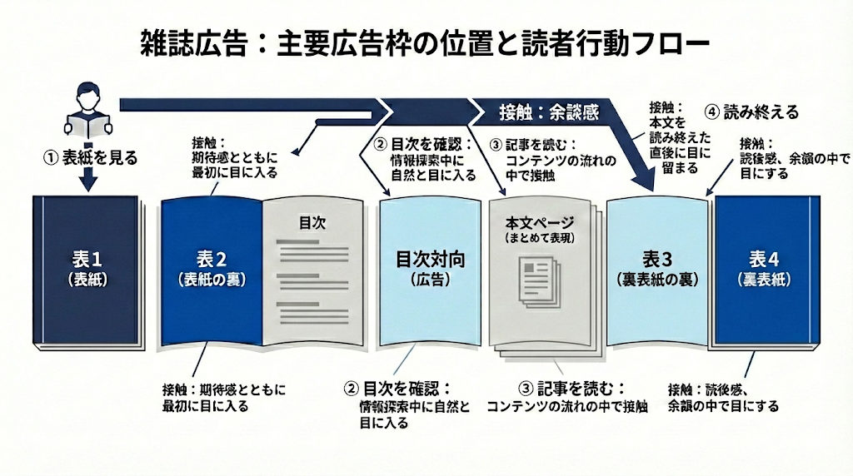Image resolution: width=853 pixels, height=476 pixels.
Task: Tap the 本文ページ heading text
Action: pos(541,223)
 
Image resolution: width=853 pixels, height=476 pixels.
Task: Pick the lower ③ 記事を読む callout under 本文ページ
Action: pos(566,397)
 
